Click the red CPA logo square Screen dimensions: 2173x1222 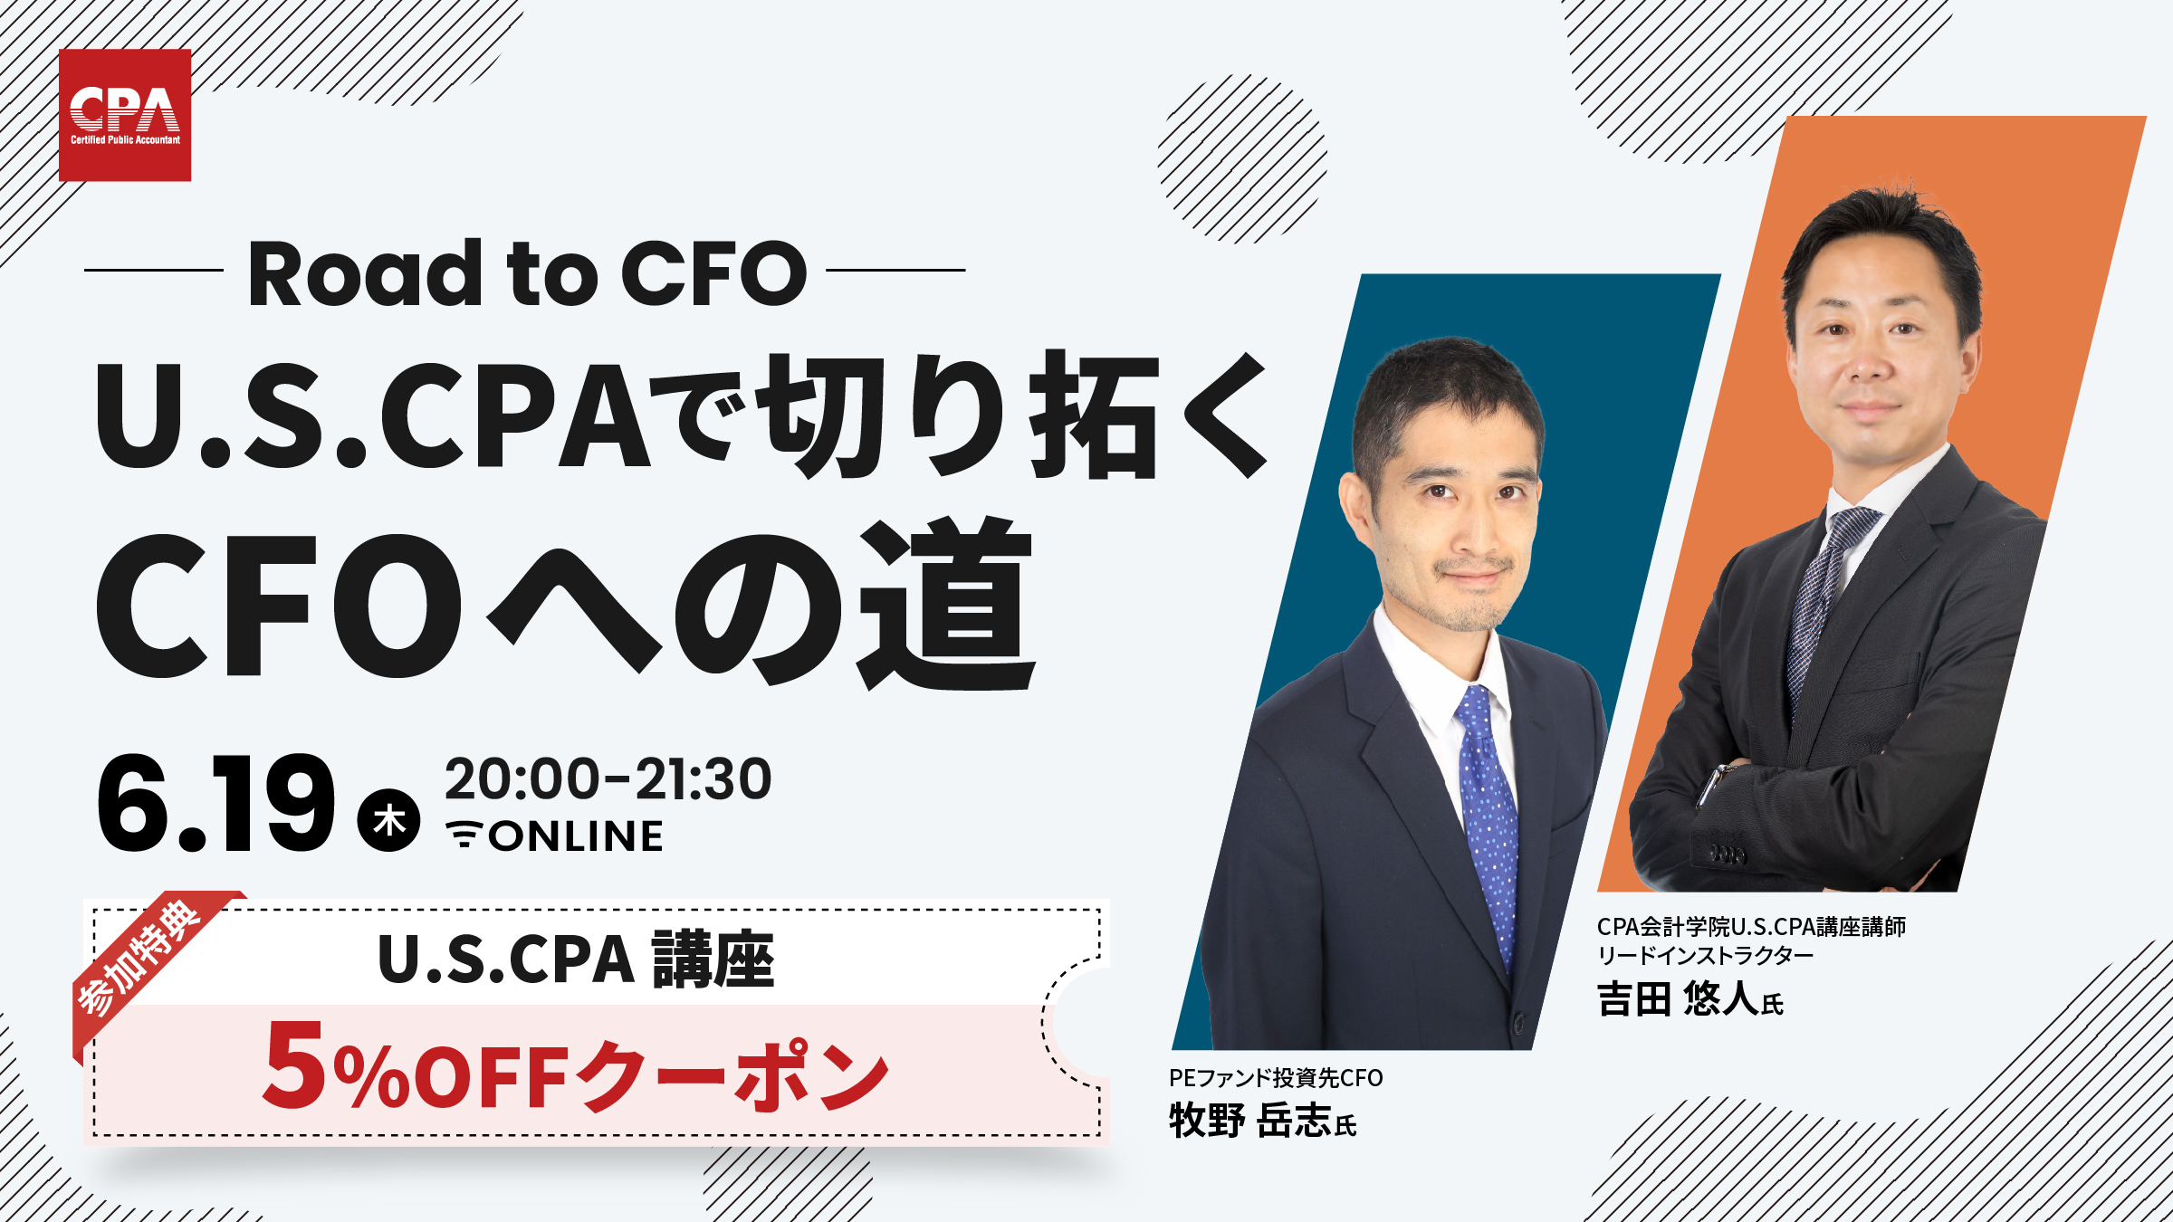point(125,115)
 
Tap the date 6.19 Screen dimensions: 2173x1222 point(215,803)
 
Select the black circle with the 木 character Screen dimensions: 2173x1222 point(389,820)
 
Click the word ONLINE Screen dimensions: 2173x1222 point(576,835)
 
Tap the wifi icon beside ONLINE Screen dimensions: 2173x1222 point(464,834)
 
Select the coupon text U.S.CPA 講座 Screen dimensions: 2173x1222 point(576,959)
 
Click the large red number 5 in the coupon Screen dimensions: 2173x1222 point(293,1064)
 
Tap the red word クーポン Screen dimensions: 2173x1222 point(732,1075)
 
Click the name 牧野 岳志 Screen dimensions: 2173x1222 point(1250,1120)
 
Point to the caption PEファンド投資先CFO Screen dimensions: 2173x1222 point(1276,1077)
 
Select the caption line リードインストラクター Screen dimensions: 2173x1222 point(1705,956)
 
